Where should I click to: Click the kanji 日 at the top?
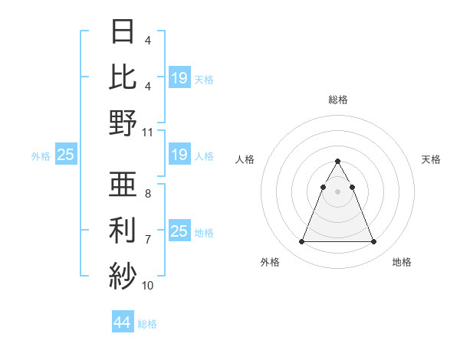tap(123, 32)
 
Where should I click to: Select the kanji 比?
tap(123, 77)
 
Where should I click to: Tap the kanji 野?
tap(123, 123)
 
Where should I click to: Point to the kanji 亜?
tap(123, 185)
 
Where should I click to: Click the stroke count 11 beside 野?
tap(148, 132)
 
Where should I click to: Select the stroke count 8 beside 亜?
tap(148, 194)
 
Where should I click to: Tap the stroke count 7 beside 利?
tap(148, 239)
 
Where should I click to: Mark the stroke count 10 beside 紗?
tap(148, 285)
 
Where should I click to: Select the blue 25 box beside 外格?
tap(65, 155)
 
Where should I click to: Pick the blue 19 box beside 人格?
tap(179, 155)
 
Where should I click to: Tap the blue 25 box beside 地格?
tap(179, 231)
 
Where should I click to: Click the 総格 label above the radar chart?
tap(338, 100)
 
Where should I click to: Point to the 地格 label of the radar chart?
tap(402, 263)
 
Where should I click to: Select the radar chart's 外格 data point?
tap(301, 242)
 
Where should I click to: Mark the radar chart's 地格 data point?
tap(374, 242)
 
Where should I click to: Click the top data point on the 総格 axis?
tap(337, 162)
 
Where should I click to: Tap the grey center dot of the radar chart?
tap(337, 191)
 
